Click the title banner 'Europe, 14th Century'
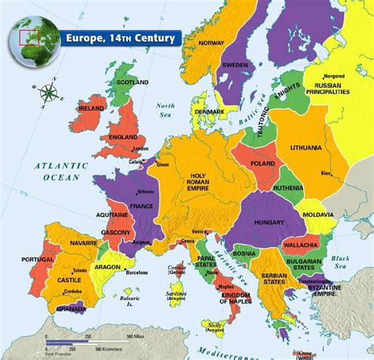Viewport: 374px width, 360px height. click(x=118, y=37)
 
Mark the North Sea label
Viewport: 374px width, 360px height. click(x=165, y=110)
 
